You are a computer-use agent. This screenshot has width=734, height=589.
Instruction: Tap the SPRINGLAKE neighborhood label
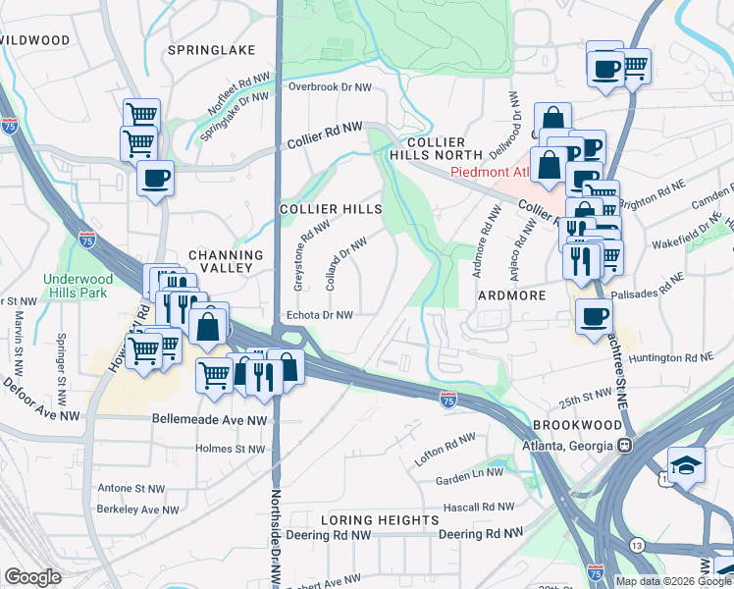(211, 50)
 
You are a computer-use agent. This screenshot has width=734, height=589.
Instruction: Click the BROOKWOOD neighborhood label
(578, 424)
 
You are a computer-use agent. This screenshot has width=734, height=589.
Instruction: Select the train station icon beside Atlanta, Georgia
(623, 445)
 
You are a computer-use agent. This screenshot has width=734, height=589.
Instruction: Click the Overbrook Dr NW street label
(330, 86)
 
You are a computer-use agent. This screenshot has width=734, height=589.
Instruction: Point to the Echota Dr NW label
(318, 315)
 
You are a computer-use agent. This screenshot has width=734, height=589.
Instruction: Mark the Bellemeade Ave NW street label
(209, 419)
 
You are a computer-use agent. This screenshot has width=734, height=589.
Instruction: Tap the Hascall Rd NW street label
(479, 507)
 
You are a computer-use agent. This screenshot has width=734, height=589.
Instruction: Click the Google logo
(33, 577)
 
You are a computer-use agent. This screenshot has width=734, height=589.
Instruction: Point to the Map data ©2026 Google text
(673, 581)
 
